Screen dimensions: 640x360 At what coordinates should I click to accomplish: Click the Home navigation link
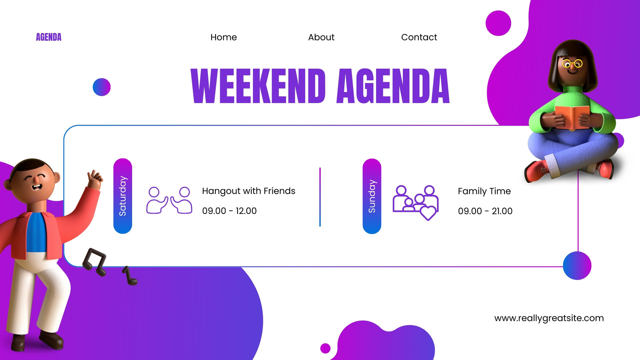coord(224,37)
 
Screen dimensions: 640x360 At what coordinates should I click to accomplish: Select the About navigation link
coord(321,37)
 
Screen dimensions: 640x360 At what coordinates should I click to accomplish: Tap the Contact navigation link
coord(419,37)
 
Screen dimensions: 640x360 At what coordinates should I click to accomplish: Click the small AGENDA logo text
coord(48,37)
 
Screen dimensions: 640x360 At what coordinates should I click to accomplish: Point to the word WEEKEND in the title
coord(258,86)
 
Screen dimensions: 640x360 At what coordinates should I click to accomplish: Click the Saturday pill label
coord(122,196)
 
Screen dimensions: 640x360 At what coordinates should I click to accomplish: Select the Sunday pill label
coord(372,196)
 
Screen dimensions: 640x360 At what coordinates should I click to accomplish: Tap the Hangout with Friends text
coord(248,191)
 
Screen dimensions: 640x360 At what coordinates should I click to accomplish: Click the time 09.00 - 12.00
coord(229,211)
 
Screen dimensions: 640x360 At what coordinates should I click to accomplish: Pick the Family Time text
coord(484,191)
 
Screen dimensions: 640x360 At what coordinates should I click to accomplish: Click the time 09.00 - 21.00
coord(485,211)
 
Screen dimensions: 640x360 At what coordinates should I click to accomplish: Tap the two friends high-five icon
coord(169,200)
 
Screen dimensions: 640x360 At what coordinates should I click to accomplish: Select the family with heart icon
coord(416,203)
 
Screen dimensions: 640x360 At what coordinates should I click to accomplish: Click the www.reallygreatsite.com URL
coord(549,318)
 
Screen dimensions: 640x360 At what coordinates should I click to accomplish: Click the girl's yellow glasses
coord(572,64)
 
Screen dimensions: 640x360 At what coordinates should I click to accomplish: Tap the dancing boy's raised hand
coord(95,180)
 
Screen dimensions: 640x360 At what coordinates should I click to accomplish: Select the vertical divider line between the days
coord(320,197)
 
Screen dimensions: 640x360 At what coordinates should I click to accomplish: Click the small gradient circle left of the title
coord(102,87)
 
